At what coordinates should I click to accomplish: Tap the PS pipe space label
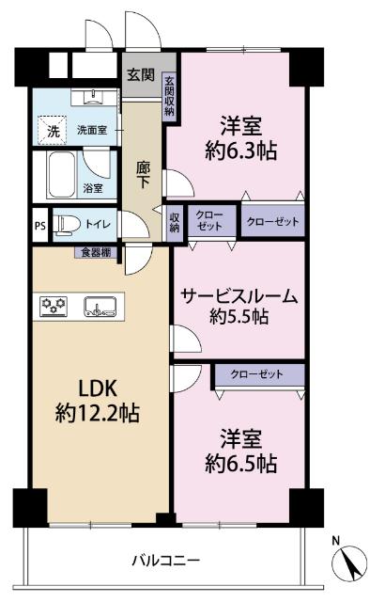[39, 225]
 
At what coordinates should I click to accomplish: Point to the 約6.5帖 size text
[241, 463]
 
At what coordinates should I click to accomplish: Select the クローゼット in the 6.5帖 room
[257, 374]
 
